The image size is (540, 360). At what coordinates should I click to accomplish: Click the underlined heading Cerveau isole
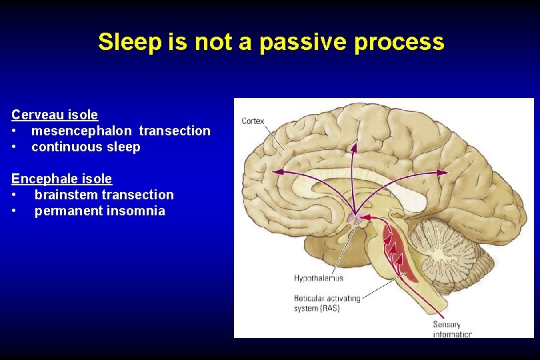[55, 115]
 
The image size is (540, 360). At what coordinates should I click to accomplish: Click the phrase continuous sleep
[86, 147]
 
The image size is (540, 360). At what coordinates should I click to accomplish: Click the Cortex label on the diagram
[253, 121]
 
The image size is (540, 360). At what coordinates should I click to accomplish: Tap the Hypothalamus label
[319, 277]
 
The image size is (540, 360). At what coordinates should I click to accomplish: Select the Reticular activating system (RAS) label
[327, 303]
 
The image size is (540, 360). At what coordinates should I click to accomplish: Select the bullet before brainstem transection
[15, 195]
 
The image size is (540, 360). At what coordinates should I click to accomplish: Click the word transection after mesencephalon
[175, 131]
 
